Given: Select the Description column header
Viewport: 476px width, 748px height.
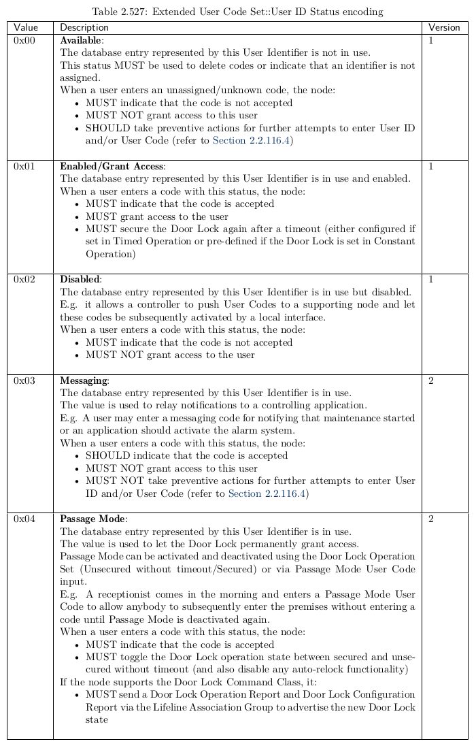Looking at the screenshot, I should tap(84, 27).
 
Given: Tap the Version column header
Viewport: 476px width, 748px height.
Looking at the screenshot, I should tap(444, 27).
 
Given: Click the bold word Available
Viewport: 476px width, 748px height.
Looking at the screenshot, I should tap(80, 41).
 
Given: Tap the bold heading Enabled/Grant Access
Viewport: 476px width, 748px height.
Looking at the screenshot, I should tap(112, 166).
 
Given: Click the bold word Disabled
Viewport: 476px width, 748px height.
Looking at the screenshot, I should tap(80, 280).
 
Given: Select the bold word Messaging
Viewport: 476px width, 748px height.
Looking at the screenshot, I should tap(83, 380).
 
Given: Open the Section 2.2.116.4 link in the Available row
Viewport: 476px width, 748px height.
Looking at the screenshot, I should tap(252, 141).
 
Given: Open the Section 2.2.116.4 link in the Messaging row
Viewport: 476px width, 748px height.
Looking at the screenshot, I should tap(267, 493).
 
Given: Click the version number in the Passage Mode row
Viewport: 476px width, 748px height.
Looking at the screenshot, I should tap(431, 519).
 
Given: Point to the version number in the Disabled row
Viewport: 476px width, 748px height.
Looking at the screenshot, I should tap(431, 280).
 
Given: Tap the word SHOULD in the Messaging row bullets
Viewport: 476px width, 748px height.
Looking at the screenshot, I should tap(105, 456).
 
